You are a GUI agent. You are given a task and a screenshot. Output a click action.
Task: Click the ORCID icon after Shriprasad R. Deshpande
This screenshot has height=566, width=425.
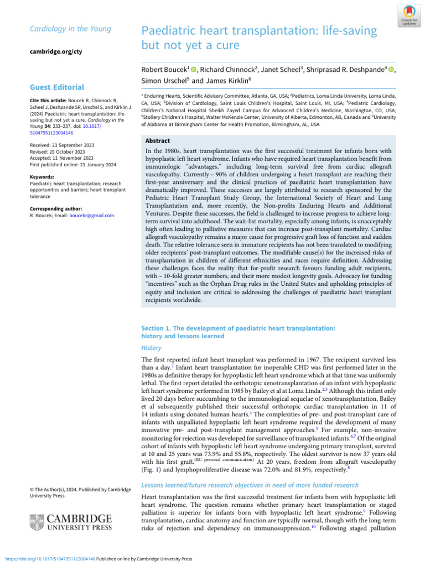coord(392,69)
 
